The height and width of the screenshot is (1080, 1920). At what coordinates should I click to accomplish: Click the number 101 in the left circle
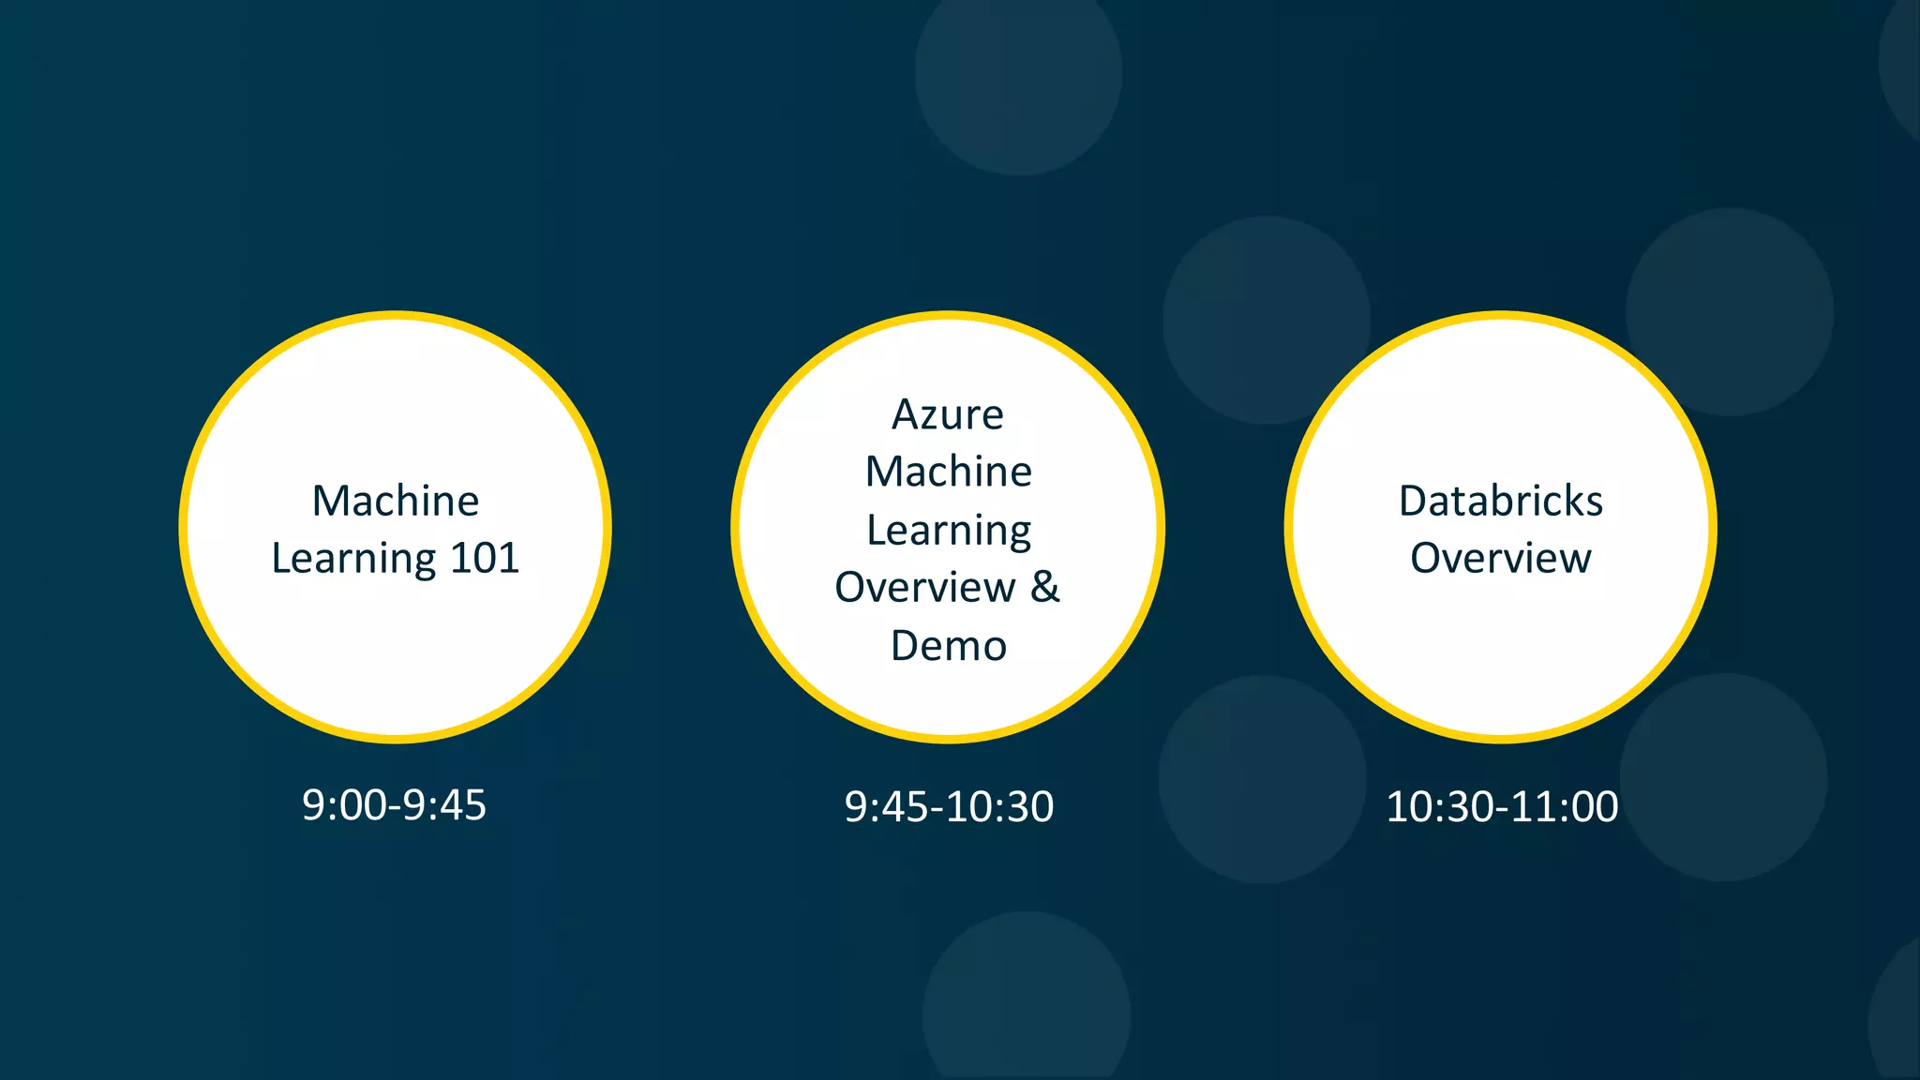click(x=485, y=559)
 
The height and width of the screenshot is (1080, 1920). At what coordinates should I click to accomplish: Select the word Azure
click(x=948, y=415)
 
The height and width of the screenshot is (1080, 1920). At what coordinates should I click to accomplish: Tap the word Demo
click(x=949, y=646)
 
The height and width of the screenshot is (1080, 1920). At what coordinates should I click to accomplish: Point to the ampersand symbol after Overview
click(x=1045, y=587)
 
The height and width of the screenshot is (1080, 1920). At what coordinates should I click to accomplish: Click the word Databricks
click(x=1500, y=501)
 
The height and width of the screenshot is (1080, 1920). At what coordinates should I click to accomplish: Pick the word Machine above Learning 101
click(x=396, y=501)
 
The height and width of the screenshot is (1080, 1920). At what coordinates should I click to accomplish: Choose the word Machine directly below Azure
click(x=948, y=472)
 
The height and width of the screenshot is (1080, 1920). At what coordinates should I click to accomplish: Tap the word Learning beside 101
click(x=353, y=560)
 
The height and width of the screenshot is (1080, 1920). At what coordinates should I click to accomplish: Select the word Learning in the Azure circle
click(x=948, y=531)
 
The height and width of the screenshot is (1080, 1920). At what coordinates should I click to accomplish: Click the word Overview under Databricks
click(x=1500, y=559)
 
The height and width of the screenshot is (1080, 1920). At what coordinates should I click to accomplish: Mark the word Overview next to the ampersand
click(x=924, y=588)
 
